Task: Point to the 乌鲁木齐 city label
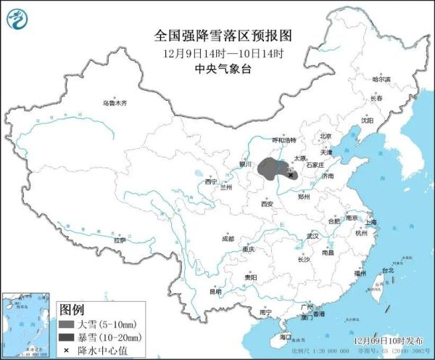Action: coord(115,104)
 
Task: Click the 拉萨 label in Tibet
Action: coord(120,240)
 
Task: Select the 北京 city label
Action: coord(326,136)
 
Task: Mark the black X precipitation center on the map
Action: coord(291,175)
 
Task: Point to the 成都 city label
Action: coord(228,238)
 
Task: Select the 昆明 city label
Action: coord(215,292)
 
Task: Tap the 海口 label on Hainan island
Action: coord(285,337)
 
